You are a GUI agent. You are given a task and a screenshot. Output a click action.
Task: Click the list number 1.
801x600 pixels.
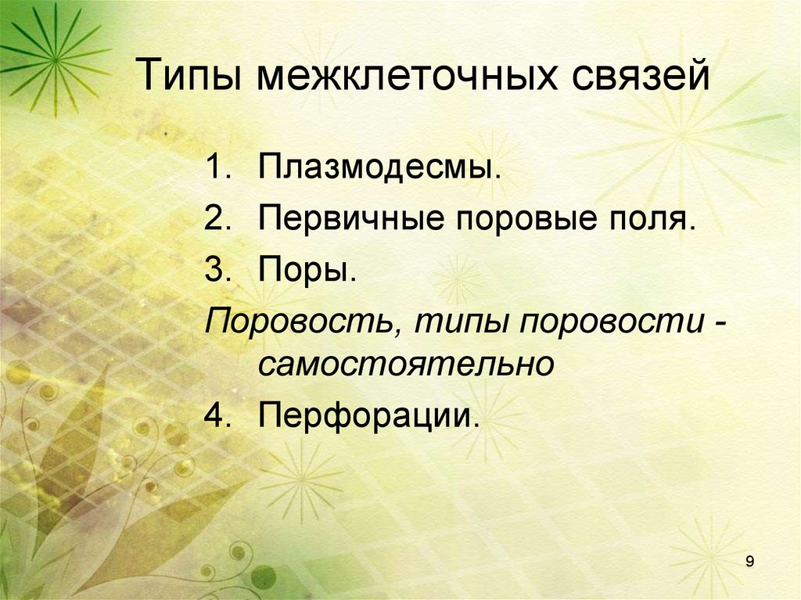[x=216, y=167]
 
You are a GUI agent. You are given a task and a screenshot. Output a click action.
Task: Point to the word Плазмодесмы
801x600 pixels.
[x=380, y=167]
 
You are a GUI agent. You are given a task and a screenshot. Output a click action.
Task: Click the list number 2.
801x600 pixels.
[x=216, y=218]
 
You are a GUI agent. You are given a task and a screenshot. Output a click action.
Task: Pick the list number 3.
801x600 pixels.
[x=216, y=270]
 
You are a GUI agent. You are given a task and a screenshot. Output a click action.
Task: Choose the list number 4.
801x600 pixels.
[x=216, y=415]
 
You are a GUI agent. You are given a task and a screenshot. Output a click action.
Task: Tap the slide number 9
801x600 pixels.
[x=750, y=562]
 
